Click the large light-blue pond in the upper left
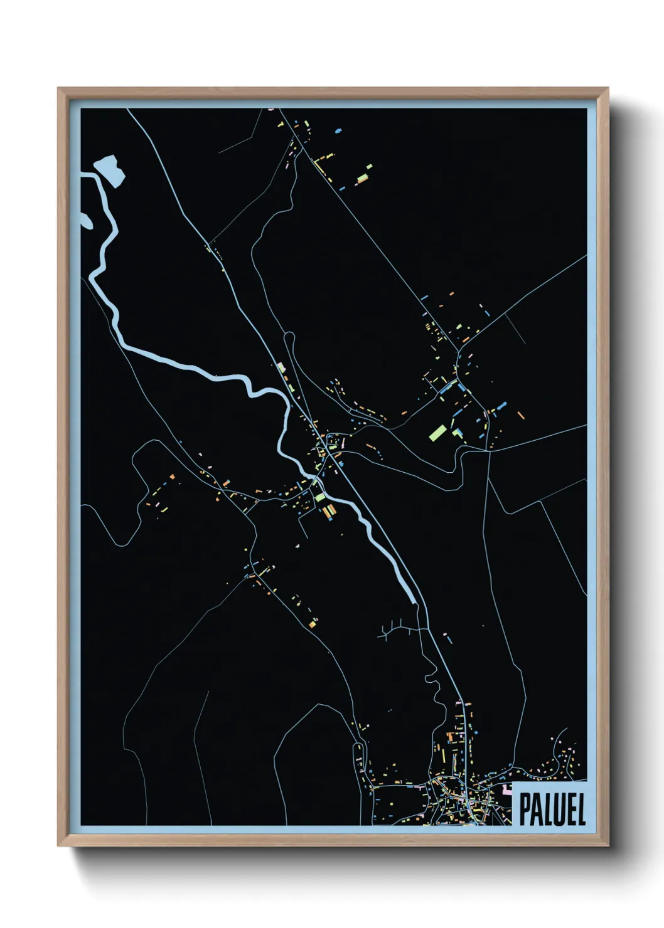pyautogui.click(x=110, y=169)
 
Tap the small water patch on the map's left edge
pyautogui.click(x=85, y=219)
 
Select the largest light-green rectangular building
pyautogui.click(x=438, y=432)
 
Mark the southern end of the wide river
pyautogui.click(x=414, y=601)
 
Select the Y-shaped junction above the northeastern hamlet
pyautogui.click(x=465, y=342)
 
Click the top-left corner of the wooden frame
pyautogui.click(x=58, y=89)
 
